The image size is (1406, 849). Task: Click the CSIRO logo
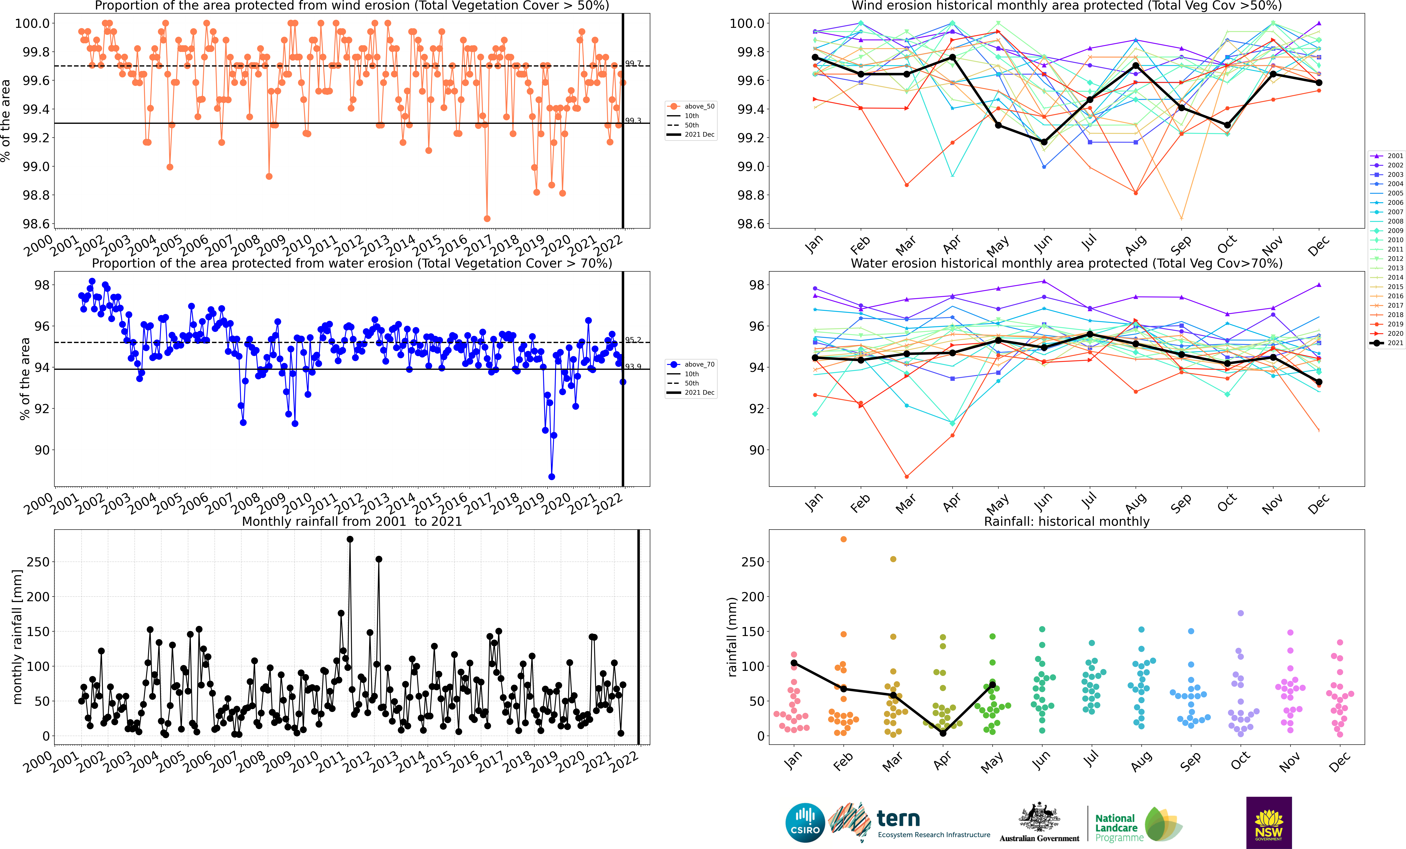point(805,823)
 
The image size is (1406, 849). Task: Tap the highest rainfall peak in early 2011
point(350,539)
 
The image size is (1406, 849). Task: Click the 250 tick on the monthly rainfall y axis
point(38,562)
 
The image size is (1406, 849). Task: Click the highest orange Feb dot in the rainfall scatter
point(843,539)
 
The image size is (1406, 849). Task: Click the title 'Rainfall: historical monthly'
point(1066,521)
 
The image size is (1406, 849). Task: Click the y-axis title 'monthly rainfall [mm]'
point(17,637)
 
